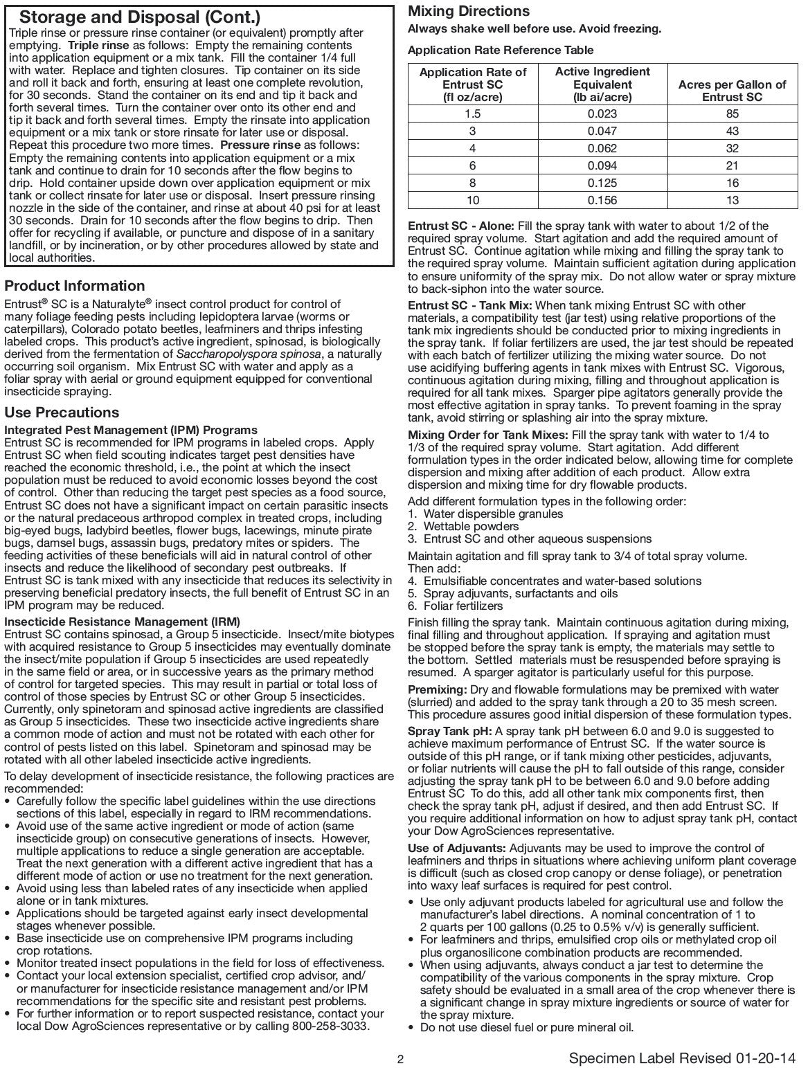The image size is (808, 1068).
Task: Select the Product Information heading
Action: tap(75, 286)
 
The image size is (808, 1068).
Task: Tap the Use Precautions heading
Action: tap(62, 413)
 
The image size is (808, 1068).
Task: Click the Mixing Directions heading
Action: tap(469, 11)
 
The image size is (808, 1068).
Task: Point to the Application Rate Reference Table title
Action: tap(501, 51)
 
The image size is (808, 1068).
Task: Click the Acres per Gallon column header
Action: tap(732, 91)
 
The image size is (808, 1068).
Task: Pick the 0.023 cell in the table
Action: tap(602, 114)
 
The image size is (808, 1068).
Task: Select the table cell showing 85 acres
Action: tap(733, 114)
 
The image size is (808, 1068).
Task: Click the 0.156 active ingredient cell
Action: tap(602, 200)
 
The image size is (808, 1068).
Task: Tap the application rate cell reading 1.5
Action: tap(473, 114)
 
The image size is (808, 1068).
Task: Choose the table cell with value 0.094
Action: tap(602, 165)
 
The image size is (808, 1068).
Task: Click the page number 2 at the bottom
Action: tap(400, 1059)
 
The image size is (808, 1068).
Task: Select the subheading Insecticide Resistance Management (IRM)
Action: tap(123, 622)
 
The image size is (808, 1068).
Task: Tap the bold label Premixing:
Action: tap(437, 690)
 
